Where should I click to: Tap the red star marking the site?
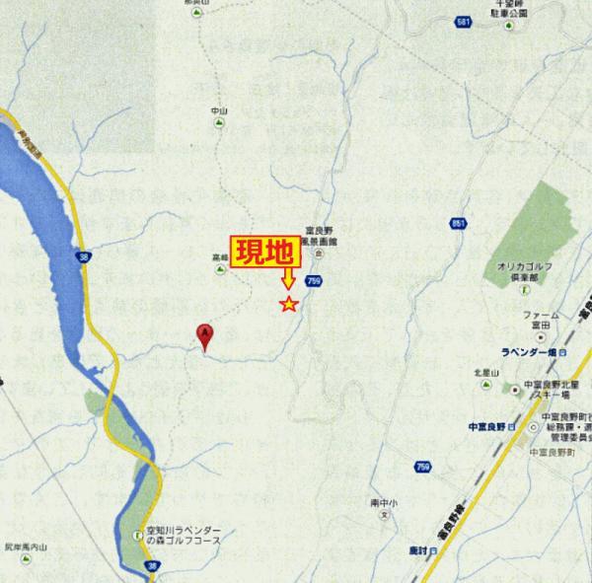(x=288, y=304)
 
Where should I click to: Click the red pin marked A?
(x=205, y=335)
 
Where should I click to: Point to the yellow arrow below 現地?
(x=287, y=278)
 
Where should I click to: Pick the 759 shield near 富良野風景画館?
(x=313, y=281)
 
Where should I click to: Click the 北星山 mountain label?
(x=482, y=372)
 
